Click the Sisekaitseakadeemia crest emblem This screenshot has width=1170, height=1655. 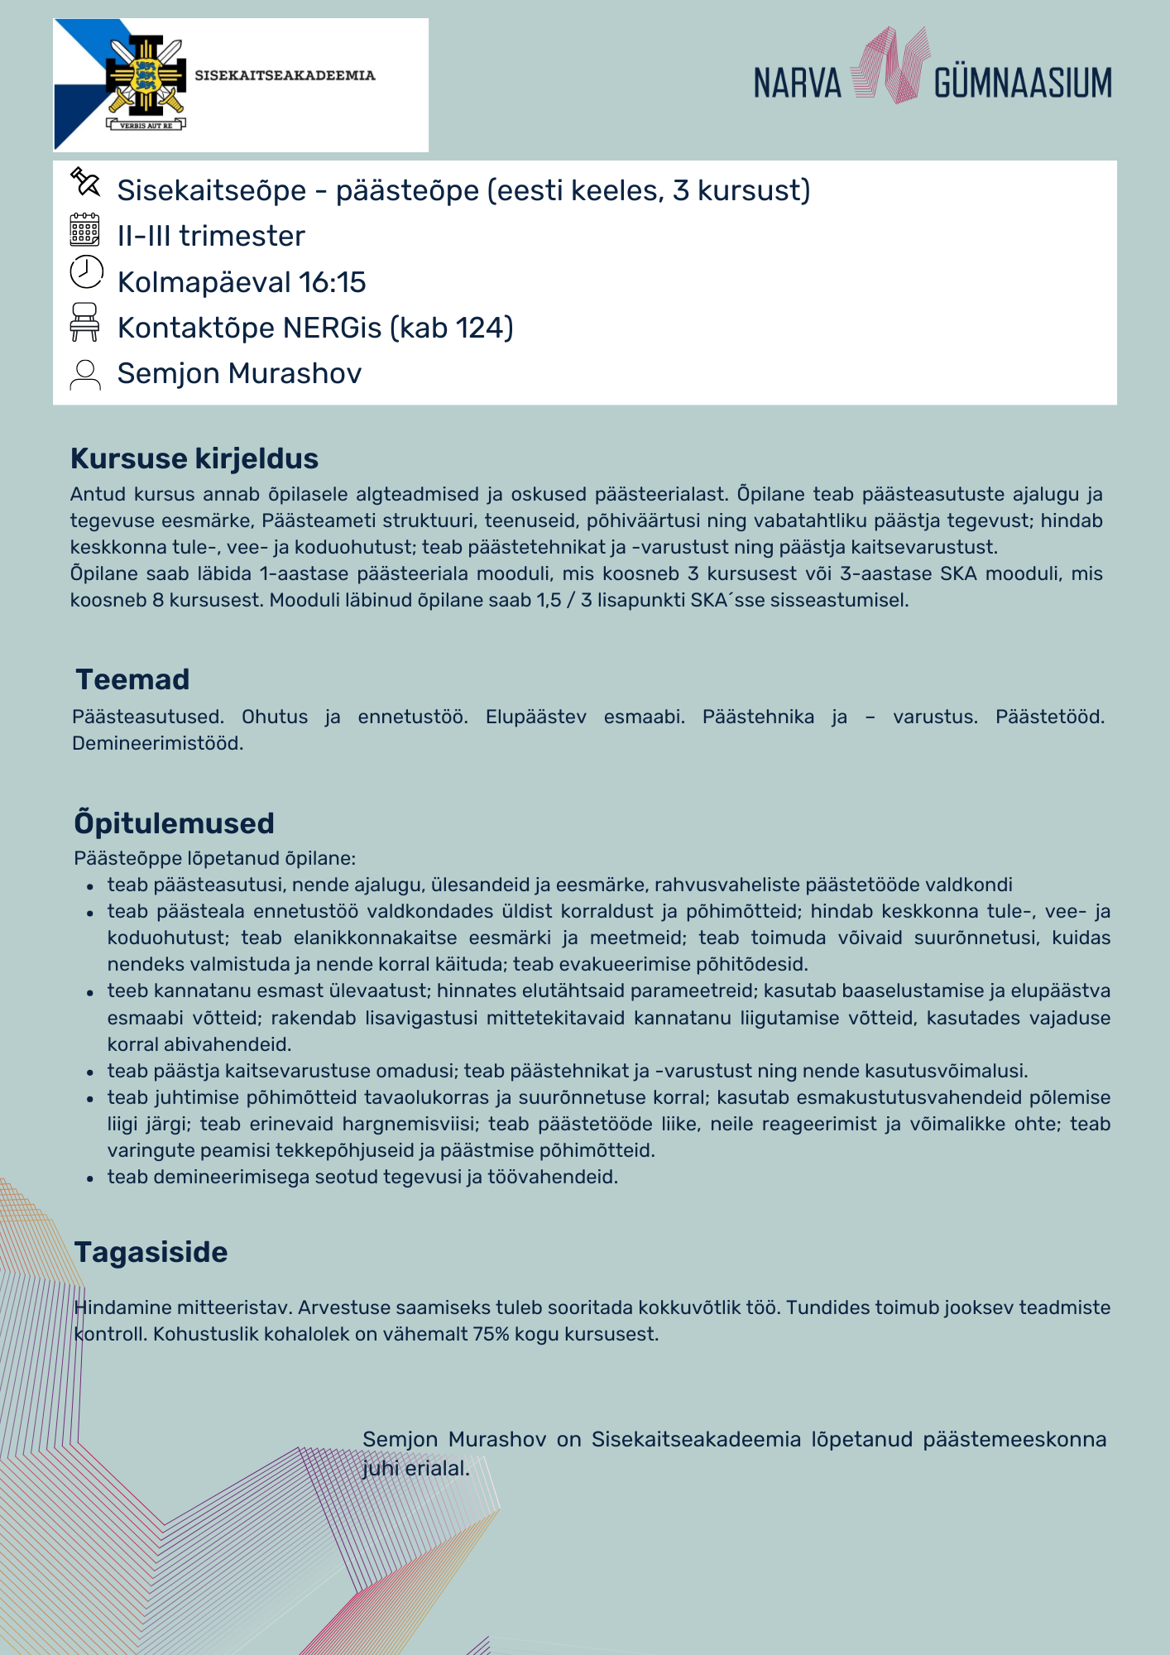[146, 81]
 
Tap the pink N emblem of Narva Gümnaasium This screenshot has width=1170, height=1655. [888, 66]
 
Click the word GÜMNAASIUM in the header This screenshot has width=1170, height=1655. [1023, 83]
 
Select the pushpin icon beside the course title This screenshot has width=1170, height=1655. [85, 182]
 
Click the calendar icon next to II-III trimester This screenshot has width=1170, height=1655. [84, 230]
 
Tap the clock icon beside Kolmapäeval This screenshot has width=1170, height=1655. [86, 272]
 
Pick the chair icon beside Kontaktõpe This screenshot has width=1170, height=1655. [84, 322]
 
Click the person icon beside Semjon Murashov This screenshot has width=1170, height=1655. [85, 374]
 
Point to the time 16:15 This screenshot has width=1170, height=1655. [332, 282]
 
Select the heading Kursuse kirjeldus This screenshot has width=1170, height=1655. [194, 458]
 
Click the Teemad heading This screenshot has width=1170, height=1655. [132, 679]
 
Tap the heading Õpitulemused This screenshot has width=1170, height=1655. [174, 823]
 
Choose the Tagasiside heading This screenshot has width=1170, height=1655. [151, 1252]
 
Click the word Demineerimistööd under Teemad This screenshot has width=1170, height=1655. [157, 743]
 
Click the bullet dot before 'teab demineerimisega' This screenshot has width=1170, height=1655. [90, 1178]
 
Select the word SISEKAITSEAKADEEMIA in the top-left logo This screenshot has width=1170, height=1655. [285, 75]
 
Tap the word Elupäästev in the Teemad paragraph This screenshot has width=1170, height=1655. [535, 717]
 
